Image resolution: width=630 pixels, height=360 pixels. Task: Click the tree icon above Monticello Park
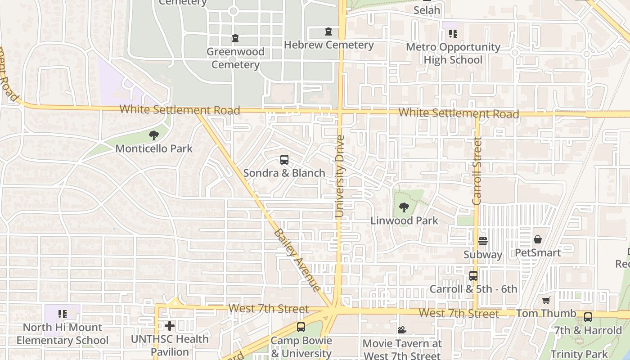tap(154, 135)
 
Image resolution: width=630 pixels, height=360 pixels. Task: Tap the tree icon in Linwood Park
tap(404, 207)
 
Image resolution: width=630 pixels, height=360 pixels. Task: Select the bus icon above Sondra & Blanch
tap(284, 159)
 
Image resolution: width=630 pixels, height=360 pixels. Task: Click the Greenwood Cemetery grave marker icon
tap(235, 39)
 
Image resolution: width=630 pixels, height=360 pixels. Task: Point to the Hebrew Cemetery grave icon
tap(328, 32)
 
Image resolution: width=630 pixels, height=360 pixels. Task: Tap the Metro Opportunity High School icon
tap(453, 34)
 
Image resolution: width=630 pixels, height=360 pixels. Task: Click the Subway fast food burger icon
tap(483, 241)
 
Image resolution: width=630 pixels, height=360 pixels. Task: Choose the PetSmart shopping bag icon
tap(537, 239)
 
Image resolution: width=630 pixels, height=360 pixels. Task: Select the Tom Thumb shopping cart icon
tap(546, 300)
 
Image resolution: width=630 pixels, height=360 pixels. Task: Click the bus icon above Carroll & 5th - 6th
tap(473, 276)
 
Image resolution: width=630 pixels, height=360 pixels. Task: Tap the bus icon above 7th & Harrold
tap(588, 317)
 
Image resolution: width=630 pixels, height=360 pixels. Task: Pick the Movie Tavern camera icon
tap(402, 330)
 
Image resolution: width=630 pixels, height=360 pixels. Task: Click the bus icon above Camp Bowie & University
tap(301, 327)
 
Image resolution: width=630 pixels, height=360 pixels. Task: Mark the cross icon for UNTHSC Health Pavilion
tap(170, 325)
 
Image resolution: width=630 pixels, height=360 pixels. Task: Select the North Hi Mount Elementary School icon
tap(63, 314)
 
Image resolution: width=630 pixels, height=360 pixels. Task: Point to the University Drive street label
tap(340, 176)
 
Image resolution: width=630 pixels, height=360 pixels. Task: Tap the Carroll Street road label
tap(477, 171)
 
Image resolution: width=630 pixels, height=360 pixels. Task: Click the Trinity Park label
tap(579, 354)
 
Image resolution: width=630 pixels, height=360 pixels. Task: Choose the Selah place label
tap(427, 10)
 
